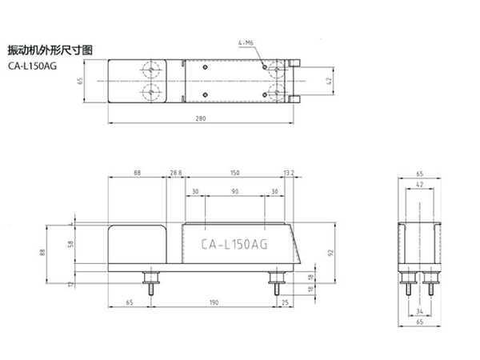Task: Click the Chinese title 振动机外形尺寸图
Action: coord(50,50)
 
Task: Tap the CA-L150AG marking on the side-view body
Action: coord(235,246)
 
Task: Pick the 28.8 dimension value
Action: coord(176,172)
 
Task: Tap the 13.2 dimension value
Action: coord(289,172)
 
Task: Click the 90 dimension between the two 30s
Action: coord(235,192)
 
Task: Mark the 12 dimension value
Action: coord(70,283)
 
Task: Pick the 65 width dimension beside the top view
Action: coord(79,81)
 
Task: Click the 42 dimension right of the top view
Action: coord(329,81)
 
